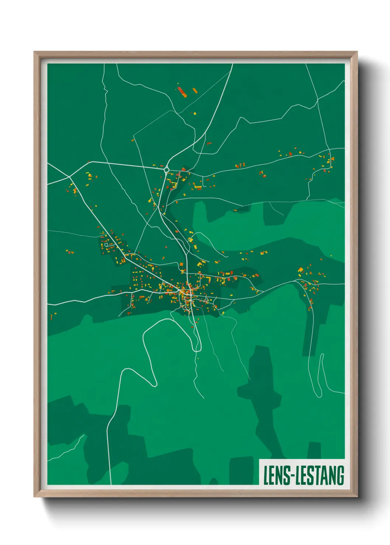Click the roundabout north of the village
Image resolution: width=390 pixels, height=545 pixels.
pyautogui.click(x=167, y=170)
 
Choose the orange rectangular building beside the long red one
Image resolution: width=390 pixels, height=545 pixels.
pyautogui.click(x=195, y=90)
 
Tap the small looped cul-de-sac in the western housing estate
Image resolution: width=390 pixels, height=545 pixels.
pyautogui.click(x=106, y=244)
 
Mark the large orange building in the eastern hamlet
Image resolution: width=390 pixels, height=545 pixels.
pyautogui.click(x=301, y=270)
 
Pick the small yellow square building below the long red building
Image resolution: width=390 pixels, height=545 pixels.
pyautogui.click(x=195, y=114)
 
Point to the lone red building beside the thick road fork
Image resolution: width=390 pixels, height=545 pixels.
pyautogui.click(x=209, y=143)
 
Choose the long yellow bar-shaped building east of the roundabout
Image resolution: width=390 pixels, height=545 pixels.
pyautogui.click(x=198, y=187)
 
